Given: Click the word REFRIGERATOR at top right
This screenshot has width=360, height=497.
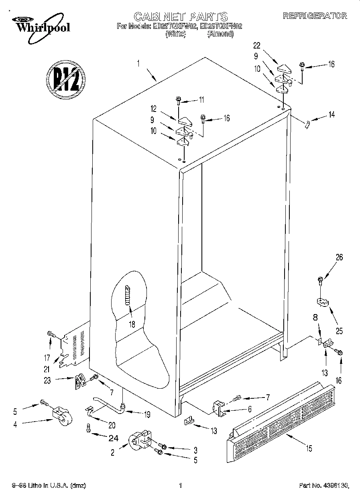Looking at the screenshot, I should click(315, 16).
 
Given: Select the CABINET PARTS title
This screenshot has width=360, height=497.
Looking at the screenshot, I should click(180, 16).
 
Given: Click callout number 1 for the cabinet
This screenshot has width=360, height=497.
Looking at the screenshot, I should click(138, 63).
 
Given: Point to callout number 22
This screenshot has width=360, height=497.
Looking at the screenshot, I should click(257, 45).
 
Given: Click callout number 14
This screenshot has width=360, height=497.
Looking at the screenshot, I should click(332, 114).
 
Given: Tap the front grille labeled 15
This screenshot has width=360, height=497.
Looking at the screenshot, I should click(281, 421).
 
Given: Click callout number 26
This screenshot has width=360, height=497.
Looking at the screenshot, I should click(340, 258).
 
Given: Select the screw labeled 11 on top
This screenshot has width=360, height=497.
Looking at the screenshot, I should click(178, 100).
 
